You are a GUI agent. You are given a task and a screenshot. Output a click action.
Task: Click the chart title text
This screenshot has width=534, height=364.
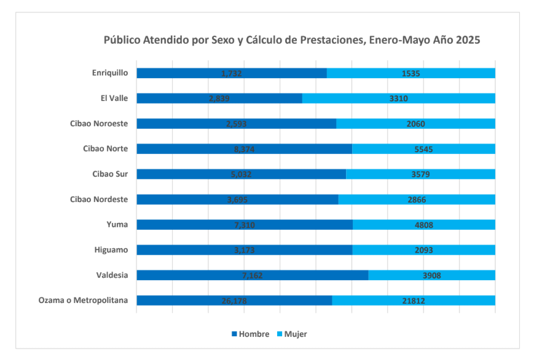pyautogui.click(x=291, y=40)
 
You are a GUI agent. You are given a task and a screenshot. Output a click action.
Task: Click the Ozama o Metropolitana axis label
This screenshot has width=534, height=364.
pyautogui.click(x=83, y=301)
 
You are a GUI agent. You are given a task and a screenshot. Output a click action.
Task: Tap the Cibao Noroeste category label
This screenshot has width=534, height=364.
pyautogui.click(x=99, y=123)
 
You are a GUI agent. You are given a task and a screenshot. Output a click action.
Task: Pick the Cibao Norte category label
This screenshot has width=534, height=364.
pyautogui.click(x=105, y=148)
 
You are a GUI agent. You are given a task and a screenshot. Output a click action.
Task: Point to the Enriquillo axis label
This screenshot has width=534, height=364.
pyautogui.click(x=110, y=73)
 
